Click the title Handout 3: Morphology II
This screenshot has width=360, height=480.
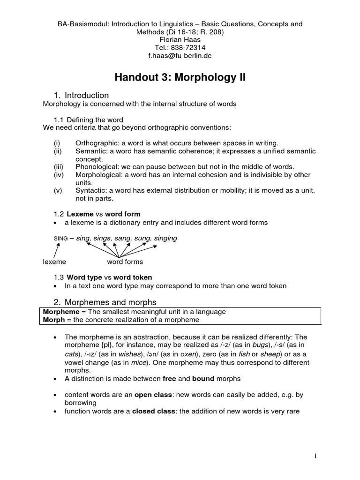180,77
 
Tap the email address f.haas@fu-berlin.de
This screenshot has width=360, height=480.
180,55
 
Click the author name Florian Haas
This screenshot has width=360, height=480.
180,39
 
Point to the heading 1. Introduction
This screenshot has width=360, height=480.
82,96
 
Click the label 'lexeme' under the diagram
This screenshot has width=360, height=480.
54,262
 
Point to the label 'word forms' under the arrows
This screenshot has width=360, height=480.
125,262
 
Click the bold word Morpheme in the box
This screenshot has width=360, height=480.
60,312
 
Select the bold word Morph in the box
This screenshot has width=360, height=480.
52,320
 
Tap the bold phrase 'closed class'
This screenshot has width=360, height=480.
151,412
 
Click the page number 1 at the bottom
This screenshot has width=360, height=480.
316,456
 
